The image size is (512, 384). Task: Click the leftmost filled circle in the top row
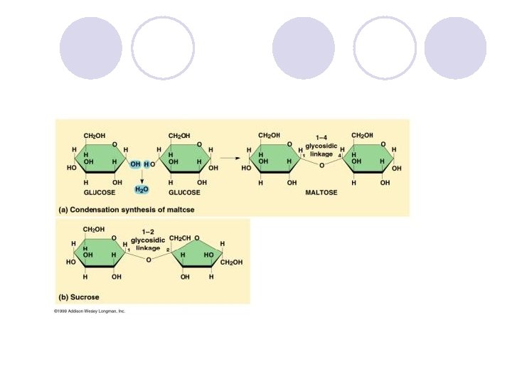click(91, 48)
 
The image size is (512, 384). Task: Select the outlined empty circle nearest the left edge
click(163, 48)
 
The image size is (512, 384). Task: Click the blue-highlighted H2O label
click(142, 190)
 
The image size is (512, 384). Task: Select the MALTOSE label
click(321, 192)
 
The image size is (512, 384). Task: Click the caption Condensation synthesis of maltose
click(126, 210)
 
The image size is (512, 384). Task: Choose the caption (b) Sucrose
click(78, 297)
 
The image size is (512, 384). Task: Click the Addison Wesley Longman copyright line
click(90, 311)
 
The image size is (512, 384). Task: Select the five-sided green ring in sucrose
click(196, 255)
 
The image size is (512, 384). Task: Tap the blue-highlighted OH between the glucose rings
click(135, 164)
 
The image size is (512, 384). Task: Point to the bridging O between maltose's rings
click(321, 165)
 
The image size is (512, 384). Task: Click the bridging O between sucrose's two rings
click(148, 260)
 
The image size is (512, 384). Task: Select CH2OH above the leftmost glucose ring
click(94, 134)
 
